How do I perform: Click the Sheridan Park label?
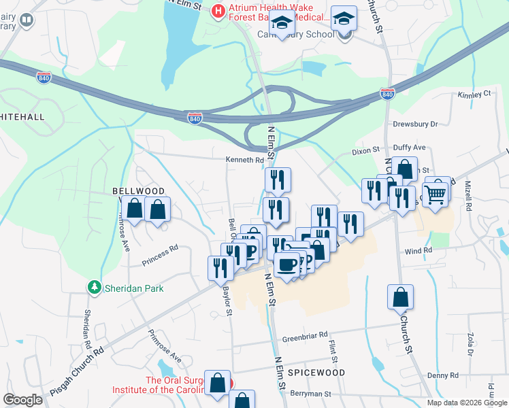pyautogui.click(x=134, y=288)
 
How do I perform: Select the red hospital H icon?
pyautogui.click(x=218, y=12)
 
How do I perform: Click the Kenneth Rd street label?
pyautogui.click(x=245, y=160)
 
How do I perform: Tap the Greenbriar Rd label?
pyautogui.click(x=305, y=335)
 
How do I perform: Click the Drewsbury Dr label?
pyautogui.click(x=415, y=124)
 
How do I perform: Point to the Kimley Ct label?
pyautogui.click(x=474, y=94)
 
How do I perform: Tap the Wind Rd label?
pyautogui.click(x=418, y=251)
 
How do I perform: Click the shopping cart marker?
pyautogui.click(x=435, y=194)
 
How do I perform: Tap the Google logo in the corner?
pyautogui.click(x=22, y=400)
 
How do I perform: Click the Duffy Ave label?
pyautogui.click(x=410, y=147)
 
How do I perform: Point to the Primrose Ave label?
pyautogui.click(x=165, y=346)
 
